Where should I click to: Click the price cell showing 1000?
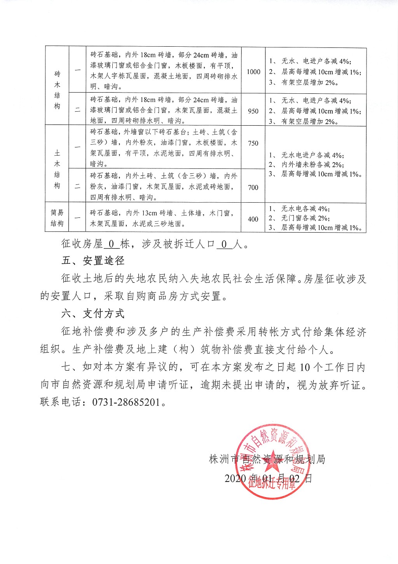(x=253, y=72)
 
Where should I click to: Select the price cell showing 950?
(x=253, y=111)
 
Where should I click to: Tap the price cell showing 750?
(x=253, y=143)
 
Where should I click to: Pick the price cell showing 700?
(x=253, y=187)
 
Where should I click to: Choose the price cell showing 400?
(x=253, y=219)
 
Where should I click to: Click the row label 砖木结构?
(x=57, y=90)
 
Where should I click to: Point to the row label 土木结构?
(x=57, y=169)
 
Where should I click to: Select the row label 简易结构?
(x=57, y=218)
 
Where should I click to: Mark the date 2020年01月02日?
(x=268, y=478)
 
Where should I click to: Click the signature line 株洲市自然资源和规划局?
(x=267, y=459)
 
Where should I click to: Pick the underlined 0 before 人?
(x=223, y=244)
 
